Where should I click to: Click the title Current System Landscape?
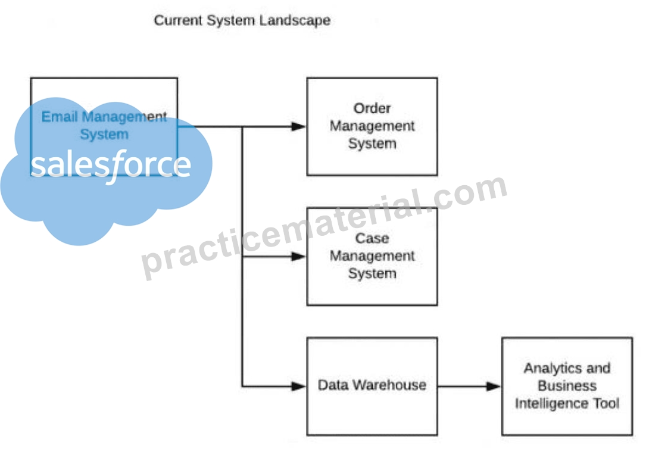242,20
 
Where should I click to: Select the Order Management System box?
372,127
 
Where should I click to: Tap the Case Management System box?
372,257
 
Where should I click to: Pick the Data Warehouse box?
372,386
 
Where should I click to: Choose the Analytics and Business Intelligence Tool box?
567,386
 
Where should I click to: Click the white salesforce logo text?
111,166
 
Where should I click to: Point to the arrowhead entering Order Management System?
298,127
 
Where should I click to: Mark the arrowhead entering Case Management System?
298,257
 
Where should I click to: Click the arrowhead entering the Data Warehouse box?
298,386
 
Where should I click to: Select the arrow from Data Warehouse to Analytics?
470,386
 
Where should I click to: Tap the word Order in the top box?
372,108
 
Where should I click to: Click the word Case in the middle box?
372,238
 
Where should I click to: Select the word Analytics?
546,368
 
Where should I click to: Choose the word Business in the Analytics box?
567,386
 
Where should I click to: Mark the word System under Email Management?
104,135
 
